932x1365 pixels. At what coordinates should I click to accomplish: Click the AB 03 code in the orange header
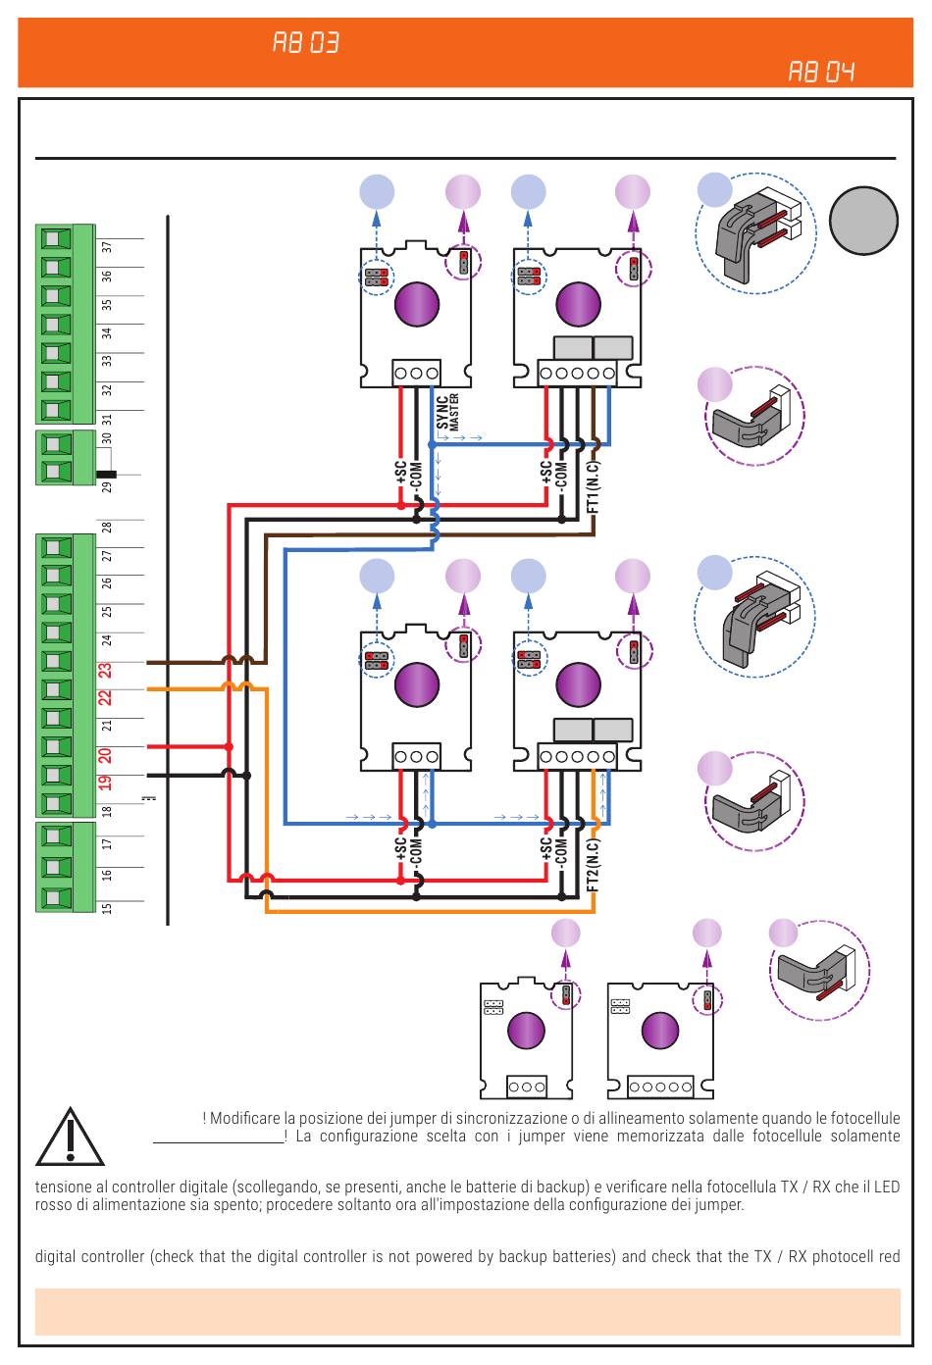coord(305,43)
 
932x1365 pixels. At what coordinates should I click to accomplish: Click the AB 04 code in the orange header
coord(821,72)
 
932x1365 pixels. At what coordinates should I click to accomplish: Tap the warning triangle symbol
coord(70,1137)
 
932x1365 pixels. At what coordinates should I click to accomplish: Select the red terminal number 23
coord(105,671)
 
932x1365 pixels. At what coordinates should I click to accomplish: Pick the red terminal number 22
coord(105,698)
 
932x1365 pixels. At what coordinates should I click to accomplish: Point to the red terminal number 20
coord(105,756)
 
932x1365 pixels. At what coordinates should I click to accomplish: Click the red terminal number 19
coord(105,783)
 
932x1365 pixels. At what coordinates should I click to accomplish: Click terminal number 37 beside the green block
coord(107,247)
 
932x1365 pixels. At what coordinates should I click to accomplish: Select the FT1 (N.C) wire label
coord(594,487)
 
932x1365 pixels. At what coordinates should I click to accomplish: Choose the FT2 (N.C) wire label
coord(594,865)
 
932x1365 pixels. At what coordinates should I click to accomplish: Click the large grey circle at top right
coord(863,220)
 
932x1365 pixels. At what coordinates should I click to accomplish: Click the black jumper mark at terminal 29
coord(106,474)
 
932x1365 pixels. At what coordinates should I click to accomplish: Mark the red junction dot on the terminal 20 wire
coord(229,746)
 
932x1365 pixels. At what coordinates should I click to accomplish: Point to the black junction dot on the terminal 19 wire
coord(247,776)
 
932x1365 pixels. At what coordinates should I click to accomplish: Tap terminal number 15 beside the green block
coord(107,908)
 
